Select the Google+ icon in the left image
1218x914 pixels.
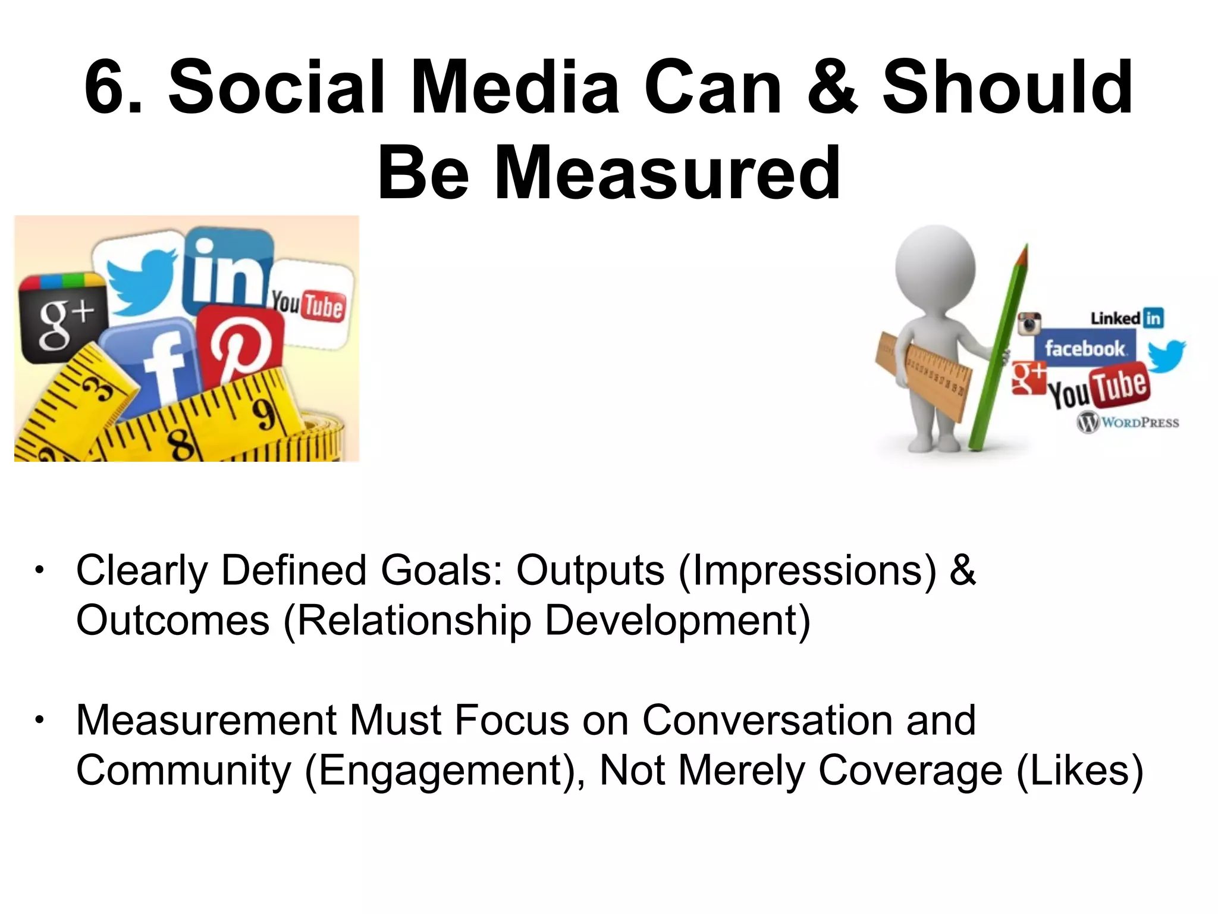point(63,319)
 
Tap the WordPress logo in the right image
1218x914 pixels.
point(1128,422)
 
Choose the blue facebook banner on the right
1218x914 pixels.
point(1085,348)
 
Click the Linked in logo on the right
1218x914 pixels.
point(1126,318)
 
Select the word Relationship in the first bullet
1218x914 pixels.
point(414,621)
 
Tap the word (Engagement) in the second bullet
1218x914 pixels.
point(444,771)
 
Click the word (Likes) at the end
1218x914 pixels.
point(1080,771)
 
